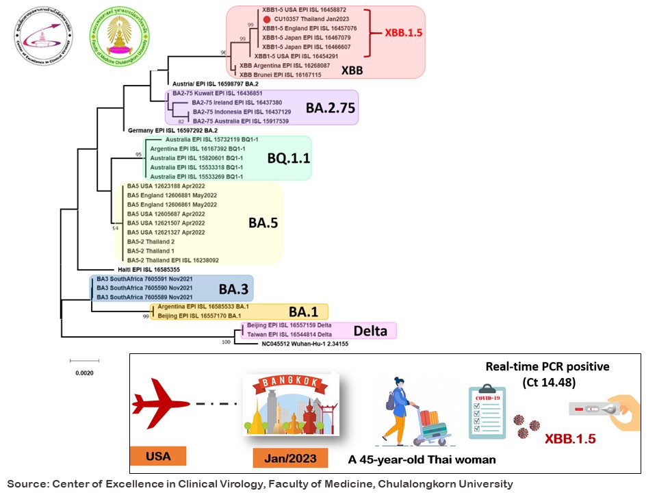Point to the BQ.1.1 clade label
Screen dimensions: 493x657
pos(289,158)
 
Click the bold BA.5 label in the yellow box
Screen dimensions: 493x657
pos(262,223)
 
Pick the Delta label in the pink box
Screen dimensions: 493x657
pos(370,331)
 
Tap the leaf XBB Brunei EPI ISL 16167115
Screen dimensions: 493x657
pos(281,74)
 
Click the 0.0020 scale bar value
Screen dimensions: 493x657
pos(83,373)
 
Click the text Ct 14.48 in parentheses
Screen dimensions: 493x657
pos(547,381)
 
